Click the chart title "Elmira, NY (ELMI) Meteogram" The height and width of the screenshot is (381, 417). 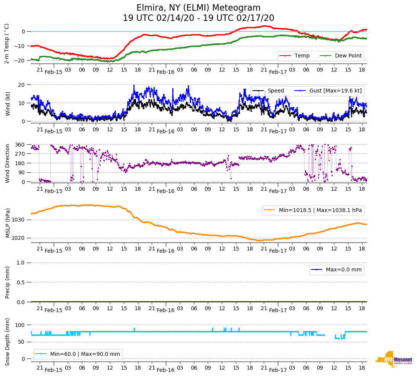[199, 8]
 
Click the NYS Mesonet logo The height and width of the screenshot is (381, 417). [394, 359]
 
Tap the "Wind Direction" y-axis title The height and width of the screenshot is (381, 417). [7, 163]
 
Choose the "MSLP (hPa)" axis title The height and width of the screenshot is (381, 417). [7, 223]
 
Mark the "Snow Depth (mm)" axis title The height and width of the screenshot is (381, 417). [7, 341]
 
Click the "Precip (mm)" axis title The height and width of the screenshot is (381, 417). [7, 282]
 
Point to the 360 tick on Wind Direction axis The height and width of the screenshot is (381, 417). [20, 145]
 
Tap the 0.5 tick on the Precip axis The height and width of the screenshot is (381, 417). [21, 282]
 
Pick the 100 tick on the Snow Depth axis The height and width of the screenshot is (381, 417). [20, 325]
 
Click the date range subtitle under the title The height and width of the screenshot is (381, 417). [199, 18]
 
